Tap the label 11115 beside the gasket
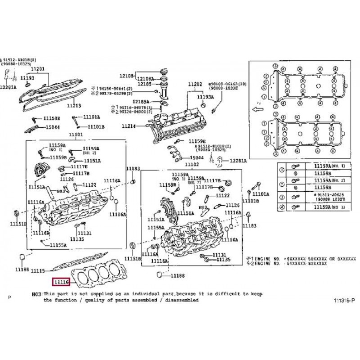37,271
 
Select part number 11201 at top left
38,69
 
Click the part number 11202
195,84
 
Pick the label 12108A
145,79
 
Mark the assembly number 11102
192,165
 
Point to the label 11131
84,233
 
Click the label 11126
67,179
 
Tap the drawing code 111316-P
344,300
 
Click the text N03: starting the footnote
36,293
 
